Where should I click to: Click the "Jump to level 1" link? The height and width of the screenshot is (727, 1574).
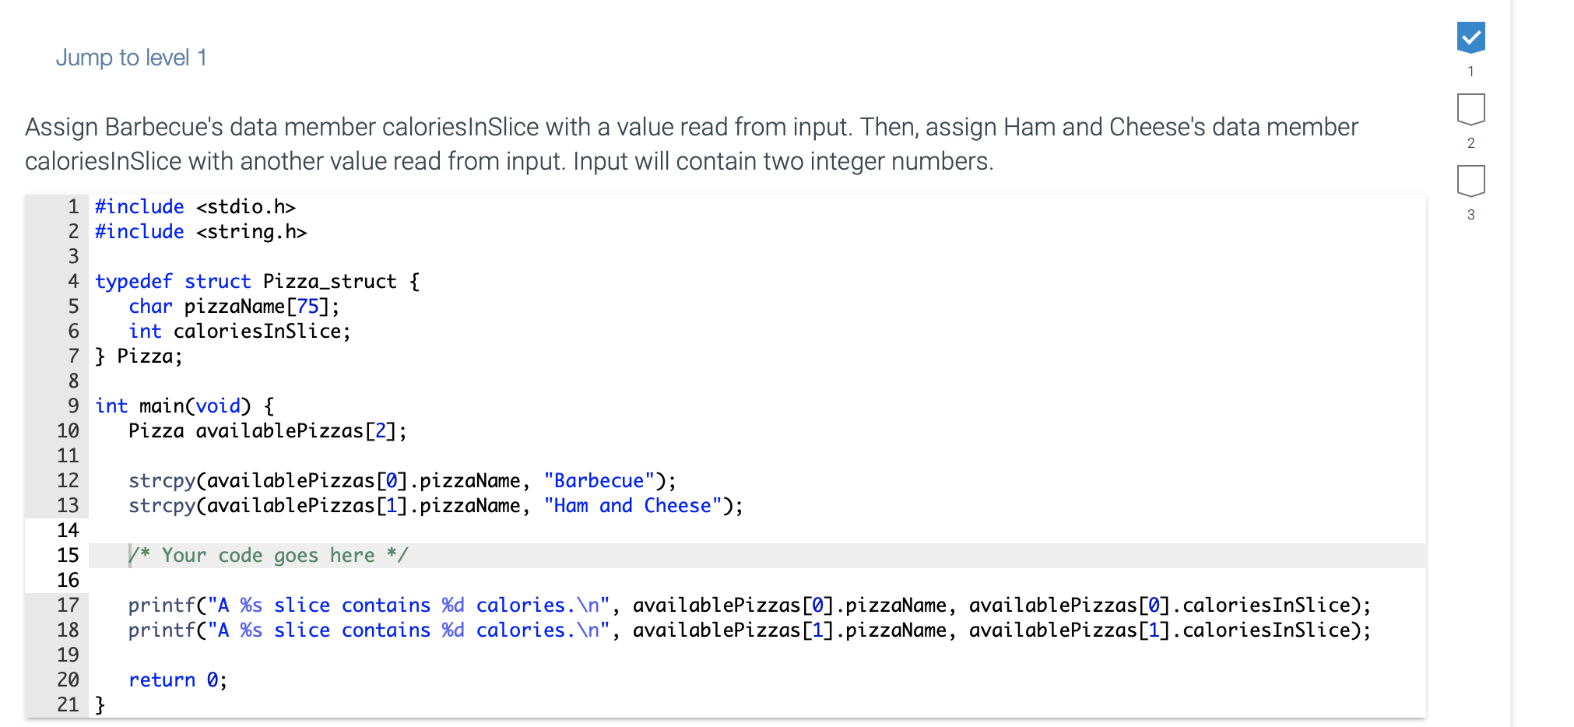pyautogui.click(x=131, y=58)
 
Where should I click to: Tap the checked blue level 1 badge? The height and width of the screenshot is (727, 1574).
pyautogui.click(x=1470, y=37)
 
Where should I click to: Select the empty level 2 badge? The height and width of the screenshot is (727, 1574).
pyautogui.click(x=1470, y=109)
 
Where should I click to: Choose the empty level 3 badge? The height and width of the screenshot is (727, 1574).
pyautogui.click(x=1470, y=181)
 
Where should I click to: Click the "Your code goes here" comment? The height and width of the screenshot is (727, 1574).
pyautogui.click(x=269, y=555)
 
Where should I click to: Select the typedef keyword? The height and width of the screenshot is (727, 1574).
pyautogui.click(x=133, y=281)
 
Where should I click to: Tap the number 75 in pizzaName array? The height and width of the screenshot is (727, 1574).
pyautogui.click(x=307, y=306)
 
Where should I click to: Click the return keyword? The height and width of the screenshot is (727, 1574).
pyautogui.click(x=162, y=680)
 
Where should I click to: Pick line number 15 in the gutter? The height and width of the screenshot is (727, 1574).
pyautogui.click(x=68, y=555)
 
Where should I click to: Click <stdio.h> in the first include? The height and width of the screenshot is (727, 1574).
pyautogui.click(x=246, y=206)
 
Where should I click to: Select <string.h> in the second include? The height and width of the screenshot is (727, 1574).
pyautogui.click(x=251, y=231)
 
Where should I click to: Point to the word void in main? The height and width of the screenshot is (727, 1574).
pyautogui.click(x=218, y=406)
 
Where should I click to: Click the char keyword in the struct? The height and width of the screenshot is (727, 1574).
pyautogui.click(x=150, y=306)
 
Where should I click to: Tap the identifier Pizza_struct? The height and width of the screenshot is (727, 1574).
pyautogui.click(x=330, y=281)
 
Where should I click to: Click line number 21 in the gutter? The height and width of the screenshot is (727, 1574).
pyautogui.click(x=68, y=704)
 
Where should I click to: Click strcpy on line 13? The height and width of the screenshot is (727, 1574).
pyautogui.click(x=162, y=505)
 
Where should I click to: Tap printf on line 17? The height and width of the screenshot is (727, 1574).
pyautogui.click(x=162, y=605)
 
